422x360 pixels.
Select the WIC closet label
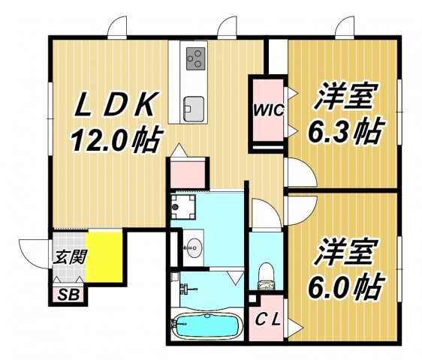pyautogui.click(x=267, y=111)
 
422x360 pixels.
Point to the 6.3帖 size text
pyautogui.click(x=343, y=133)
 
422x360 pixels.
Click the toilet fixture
pyautogui.click(x=264, y=276)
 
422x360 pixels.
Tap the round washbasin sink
pyautogui.click(x=193, y=248)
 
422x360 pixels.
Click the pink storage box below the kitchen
pyautogui.click(x=185, y=171)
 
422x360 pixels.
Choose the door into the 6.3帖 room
pyautogui.click(x=298, y=174)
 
